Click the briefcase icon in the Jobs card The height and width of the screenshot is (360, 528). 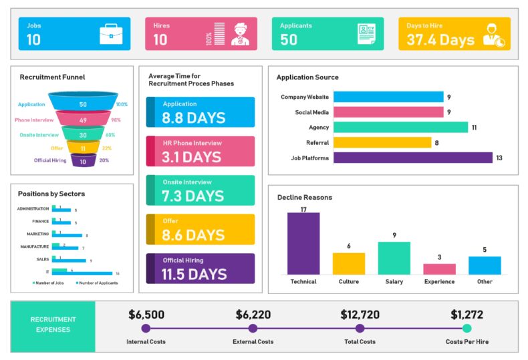(110, 34)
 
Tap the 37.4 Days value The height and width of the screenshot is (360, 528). (440, 40)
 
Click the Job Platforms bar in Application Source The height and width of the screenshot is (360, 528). (412, 158)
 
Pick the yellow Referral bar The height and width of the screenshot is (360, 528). (382, 142)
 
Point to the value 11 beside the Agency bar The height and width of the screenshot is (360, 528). (474, 127)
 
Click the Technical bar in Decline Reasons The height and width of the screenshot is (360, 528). (303, 243)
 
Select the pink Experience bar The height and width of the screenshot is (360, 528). (439, 268)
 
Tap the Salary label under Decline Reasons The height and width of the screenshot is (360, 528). (394, 282)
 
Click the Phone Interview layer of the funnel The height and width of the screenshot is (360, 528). (83, 120)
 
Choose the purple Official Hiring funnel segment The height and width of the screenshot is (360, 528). (83, 161)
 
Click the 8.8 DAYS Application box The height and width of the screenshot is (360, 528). (201, 112)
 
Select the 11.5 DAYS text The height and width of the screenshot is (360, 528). (194, 274)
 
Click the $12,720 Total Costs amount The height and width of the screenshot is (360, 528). (360, 315)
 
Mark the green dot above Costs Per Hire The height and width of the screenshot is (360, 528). (467, 328)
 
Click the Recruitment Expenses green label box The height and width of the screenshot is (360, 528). (53, 325)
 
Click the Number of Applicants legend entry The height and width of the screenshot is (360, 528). (96, 283)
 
